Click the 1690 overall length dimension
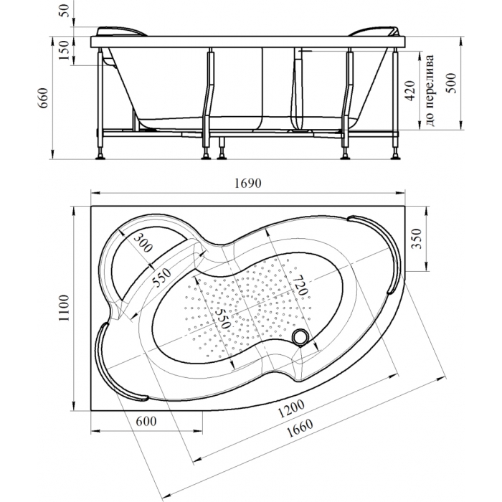click(x=248, y=183)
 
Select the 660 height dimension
click(x=42, y=98)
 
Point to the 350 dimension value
click(x=416, y=239)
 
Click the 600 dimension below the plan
click(x=146, y=422)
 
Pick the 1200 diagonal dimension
click(x=291, y=409)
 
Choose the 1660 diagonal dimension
click(x=300, y=428)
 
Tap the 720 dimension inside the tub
click(x=300, y=285)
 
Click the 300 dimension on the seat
click(x=143, y=242)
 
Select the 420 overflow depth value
click(x=410, y=90)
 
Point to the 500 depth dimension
click(x=451, y=83)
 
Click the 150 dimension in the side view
click(x=64, y=50)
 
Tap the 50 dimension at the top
click(x=64, y=11)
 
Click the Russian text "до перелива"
click(x=430, y=90)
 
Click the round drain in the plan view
click(x=300, y=337)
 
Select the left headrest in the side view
click(x=121, y=32)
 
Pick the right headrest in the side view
click(x=374, y=32)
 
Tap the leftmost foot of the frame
click(x=101, y=156)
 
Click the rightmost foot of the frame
click(x=397, y=156)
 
